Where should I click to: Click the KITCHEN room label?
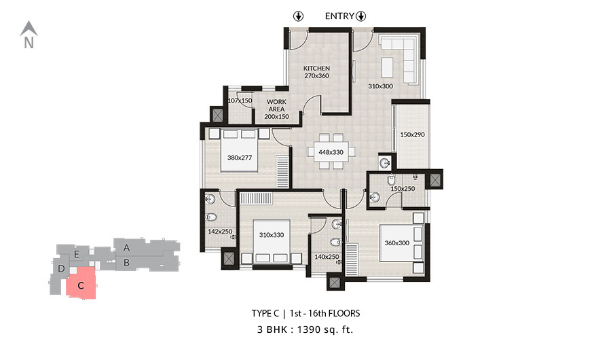tap(316, 68)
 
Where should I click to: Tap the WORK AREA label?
tap(276, 105)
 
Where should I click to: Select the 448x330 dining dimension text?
tap(331, 152)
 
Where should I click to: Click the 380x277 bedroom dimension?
tap(240, 158)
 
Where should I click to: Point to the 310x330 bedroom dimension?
tap(272, 235)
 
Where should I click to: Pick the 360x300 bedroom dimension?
tap(396, 243)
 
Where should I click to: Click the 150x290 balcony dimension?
tap(412, 134)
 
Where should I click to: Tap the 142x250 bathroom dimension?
tap(220, 232)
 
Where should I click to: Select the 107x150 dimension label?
tap(240, 101)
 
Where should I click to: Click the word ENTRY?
tap(339, 16)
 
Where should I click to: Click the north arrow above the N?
tap(29, 28)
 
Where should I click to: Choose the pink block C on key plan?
tap(81, 283)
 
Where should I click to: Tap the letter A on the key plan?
tap(127, 248)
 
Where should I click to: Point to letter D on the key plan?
tap(61, 269)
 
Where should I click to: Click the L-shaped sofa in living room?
tap(399, 60)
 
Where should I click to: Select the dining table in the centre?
tap(331, 151)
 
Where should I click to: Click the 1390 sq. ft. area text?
tap(325, 329)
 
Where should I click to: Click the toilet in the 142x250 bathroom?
tap(211, 217)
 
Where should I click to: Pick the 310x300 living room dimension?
tap(380, 86)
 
